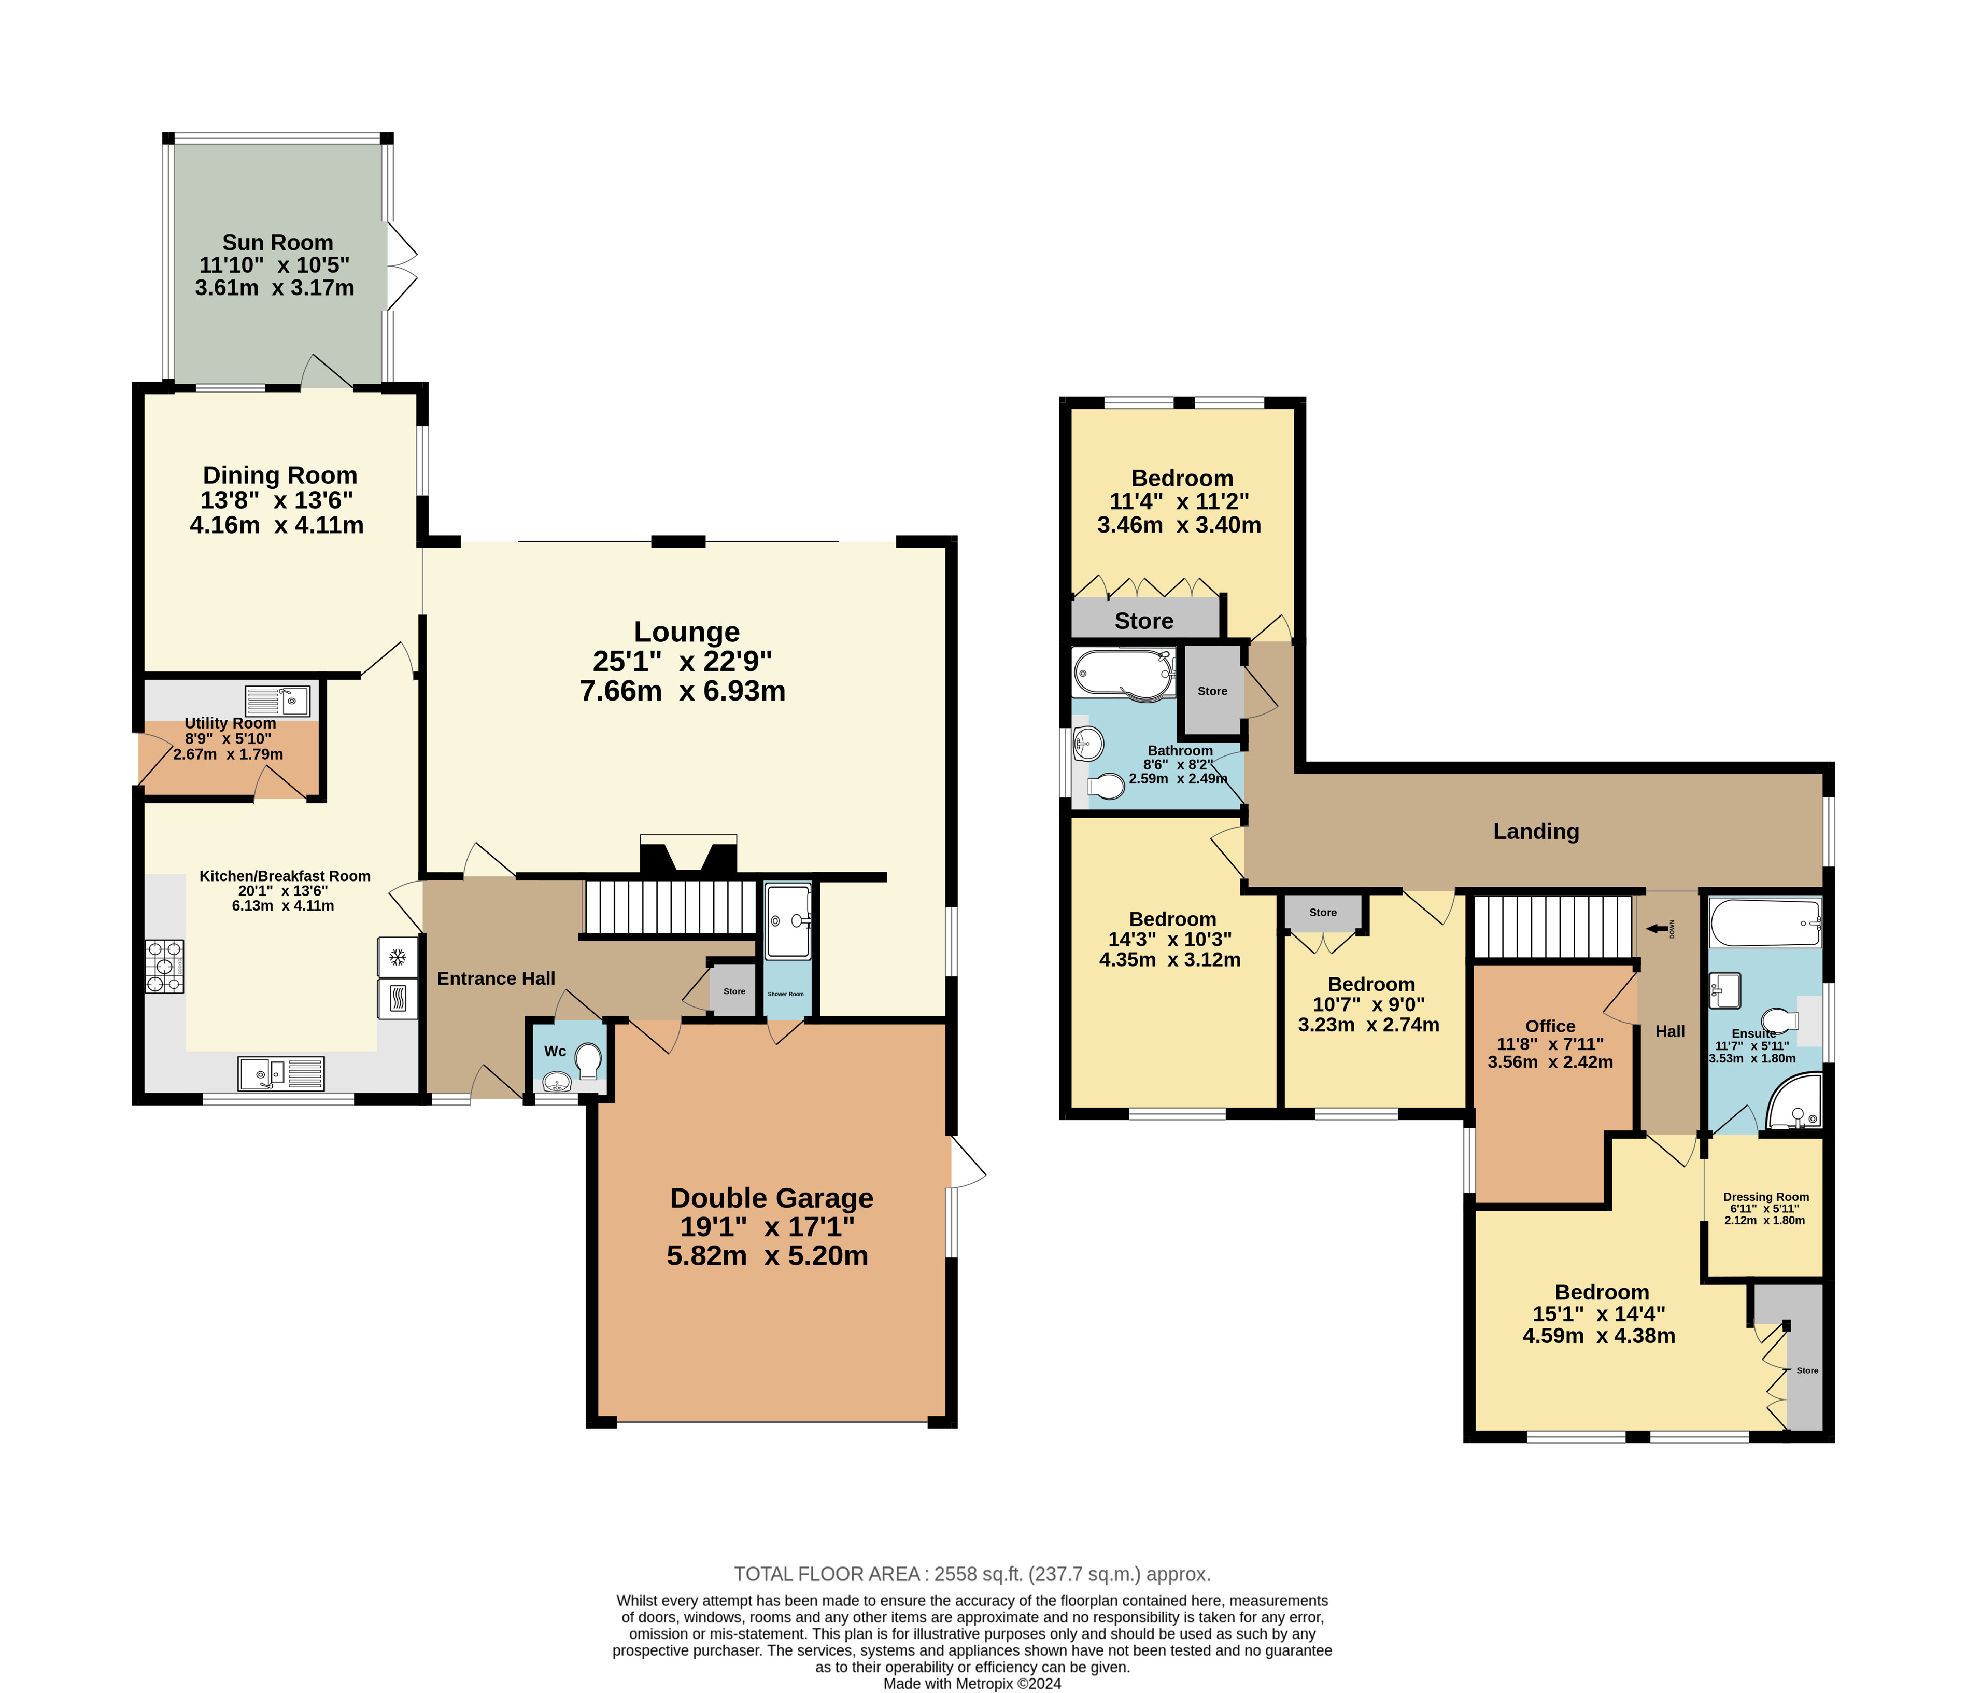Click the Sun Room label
277,243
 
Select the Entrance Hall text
496,979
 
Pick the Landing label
1536,832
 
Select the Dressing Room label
1766,1197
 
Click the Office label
1550,1027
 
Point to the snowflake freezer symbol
398,956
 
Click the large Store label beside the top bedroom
1144,621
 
